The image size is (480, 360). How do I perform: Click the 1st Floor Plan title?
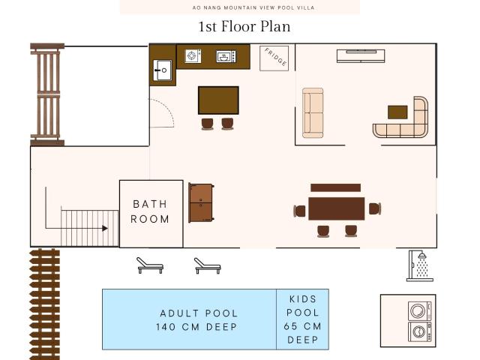(x=244, y=26)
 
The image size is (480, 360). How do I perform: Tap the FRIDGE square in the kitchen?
(x=274, y=58)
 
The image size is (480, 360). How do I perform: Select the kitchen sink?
(x=162, y=70)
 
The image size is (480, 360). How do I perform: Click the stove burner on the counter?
(x=193, y=55)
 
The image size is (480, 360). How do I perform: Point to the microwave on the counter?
(x=226, y=56)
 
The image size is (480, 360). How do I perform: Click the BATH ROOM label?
(x=150, y=211)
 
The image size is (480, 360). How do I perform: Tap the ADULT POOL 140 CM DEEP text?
(x=196, y=320)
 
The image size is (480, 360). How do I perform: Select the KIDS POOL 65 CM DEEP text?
(x=303, y=319)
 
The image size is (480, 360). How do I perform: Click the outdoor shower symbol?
(x=419, y=265)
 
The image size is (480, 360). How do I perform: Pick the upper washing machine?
(x=420, y=311)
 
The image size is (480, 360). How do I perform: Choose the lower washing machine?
(x=420, y=331)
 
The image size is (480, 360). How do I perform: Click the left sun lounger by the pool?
(x=150, y=265)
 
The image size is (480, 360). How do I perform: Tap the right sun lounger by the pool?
(x=208, y=265)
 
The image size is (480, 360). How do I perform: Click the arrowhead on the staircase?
(x=105, y=228)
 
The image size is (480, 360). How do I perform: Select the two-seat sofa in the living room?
(x=313, y=113)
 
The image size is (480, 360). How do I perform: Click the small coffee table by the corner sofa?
(x=397, y=112)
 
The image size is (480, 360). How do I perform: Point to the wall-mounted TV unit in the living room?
(x=361, y=56)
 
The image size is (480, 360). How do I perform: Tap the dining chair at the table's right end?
(x=375, y=208)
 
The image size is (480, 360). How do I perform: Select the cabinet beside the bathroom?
(x=201, y=203)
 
